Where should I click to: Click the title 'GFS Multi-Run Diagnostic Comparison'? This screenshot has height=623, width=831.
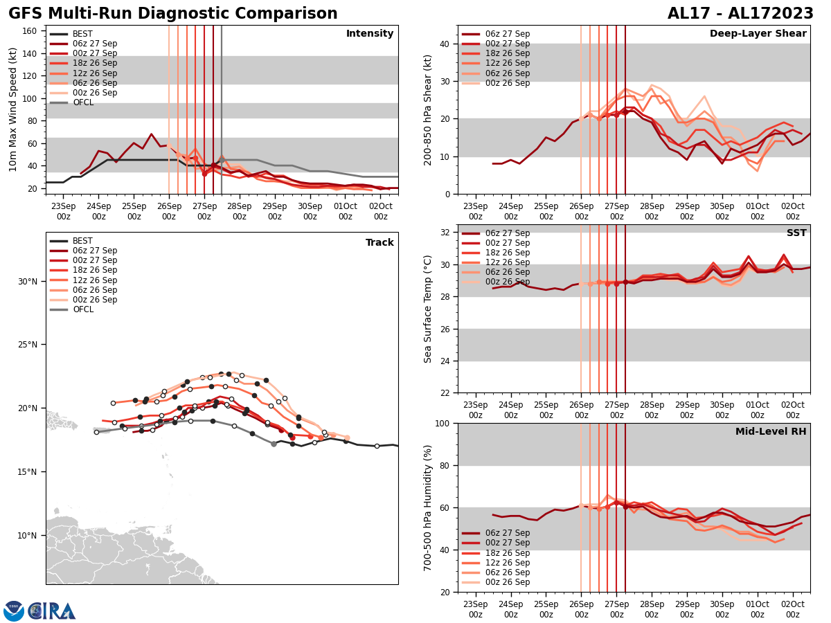coord(173,14)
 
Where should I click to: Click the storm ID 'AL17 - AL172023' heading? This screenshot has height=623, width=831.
coord(740,14)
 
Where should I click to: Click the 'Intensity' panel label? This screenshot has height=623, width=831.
coord(370,34)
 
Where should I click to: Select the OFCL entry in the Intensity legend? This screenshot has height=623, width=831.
coord(83,102)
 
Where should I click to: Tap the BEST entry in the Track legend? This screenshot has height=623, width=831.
coord(82,241)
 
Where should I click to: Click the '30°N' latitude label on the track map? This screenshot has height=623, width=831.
coord(28,281)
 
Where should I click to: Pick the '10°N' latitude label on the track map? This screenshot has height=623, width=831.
coord(28,535)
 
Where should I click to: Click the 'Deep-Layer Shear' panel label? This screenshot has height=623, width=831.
coord(758,34)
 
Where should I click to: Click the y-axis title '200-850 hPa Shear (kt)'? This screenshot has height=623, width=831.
coord(428,109)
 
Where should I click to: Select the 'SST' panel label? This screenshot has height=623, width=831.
coord(796,233)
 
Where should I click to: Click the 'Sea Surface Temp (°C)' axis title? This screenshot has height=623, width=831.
coord(428,309)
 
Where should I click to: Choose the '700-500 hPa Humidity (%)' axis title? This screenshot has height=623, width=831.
coord(428,507)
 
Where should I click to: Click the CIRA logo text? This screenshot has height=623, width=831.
coord(52,611)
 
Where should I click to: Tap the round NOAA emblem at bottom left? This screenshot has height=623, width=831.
coord(14,611)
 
